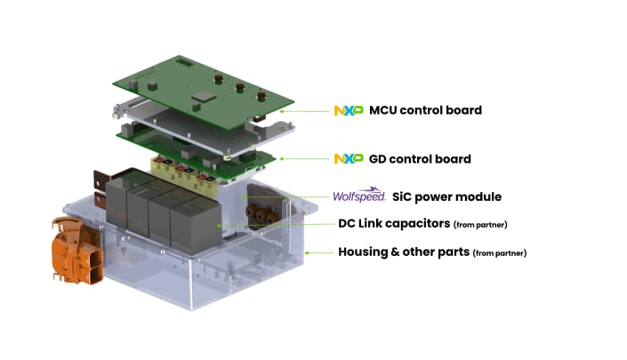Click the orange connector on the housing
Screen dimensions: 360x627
pos(79,252)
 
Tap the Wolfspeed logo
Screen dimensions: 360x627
pos(358,196)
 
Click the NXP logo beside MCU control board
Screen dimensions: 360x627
pos(348,110)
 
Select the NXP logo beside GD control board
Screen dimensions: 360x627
pos(348,158)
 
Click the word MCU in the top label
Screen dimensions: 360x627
pos(385,110)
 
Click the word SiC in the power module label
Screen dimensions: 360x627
pos(405,196)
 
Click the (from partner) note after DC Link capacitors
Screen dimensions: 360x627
pos(480,224)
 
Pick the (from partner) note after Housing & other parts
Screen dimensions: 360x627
pos(500,253)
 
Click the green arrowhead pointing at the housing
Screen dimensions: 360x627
pos(308,252)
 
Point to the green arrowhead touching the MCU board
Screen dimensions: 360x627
pos(282,111)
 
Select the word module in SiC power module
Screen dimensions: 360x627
pos(480,196)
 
